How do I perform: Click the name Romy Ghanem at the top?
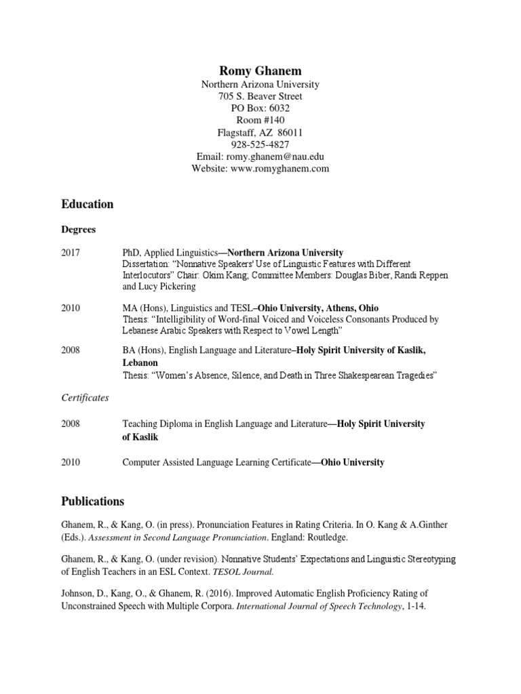tap(260, 70)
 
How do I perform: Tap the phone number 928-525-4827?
tap(260, 144)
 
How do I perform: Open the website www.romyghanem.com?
tap(279, 169)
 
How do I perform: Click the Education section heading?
tap(88, 204)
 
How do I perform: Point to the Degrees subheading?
tap(79, 230)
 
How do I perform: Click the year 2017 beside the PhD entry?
tap(71, 253)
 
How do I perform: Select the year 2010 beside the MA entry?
tap(71, 308)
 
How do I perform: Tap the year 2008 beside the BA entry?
tap(71, 350)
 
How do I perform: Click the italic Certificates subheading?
tap(85, 398)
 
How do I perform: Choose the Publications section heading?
tap(93, 502)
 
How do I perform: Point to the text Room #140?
tap(260, 120)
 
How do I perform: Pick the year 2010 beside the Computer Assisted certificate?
tap(71, 462)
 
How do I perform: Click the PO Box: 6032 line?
tap(260, 108)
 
